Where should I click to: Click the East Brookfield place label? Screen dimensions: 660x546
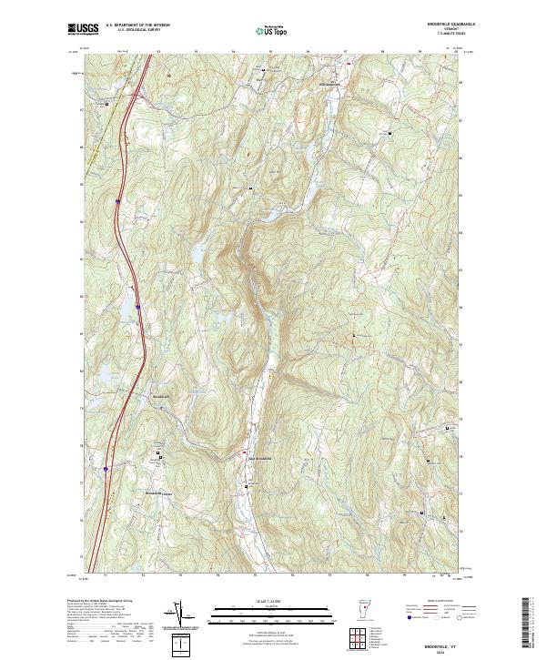(x=256, y=457)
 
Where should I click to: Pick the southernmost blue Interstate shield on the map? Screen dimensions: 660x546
(x=106, y=470)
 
